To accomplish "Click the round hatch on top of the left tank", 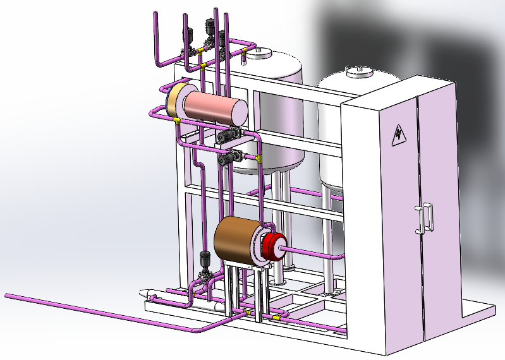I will pyautogui.click(x=258, y=54).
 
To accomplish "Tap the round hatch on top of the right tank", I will pyautogui.click(x=358, y=71).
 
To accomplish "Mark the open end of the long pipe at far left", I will pyautogui.click(x=7, y=295).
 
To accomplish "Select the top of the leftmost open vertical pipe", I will pyautogui.click(x=155, y=14).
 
